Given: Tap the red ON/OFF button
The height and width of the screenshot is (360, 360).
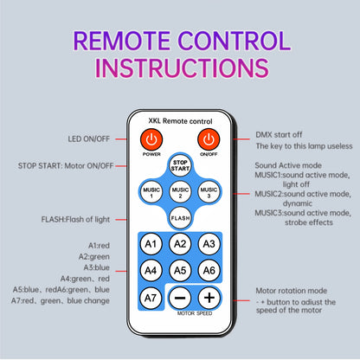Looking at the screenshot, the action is pos(209,140).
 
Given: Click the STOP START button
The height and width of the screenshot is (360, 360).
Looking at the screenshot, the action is pos(180,165).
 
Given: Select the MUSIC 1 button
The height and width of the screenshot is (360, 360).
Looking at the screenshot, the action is pos(151,192).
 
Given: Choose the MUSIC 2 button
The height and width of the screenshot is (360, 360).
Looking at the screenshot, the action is pos(180,192).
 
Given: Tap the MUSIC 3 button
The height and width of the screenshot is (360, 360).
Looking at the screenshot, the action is pos(209,192).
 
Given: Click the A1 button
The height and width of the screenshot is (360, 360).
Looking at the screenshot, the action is pos(151,244).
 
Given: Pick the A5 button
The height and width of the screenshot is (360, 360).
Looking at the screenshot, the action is pos(180,270).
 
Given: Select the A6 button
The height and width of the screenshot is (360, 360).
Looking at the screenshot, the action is pos(209,270).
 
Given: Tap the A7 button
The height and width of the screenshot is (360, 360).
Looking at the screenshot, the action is pos(151,298).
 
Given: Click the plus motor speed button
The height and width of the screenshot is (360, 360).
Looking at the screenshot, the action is pos(209,298).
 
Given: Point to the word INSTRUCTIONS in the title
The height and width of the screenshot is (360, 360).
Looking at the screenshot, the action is pos(182,68).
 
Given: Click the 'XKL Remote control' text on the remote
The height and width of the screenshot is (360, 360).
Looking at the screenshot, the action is pos(180,121).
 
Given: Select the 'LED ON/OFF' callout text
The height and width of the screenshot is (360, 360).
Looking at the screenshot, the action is pos(89,139).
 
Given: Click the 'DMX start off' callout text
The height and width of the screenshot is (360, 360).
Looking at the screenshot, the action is pos(279,135).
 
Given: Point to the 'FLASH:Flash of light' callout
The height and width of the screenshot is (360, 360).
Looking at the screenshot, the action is pos(75,220).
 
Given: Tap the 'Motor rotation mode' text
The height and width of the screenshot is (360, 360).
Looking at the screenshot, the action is pos(292,291).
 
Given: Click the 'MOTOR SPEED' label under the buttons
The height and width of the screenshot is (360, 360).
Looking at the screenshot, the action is pos(195,313).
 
